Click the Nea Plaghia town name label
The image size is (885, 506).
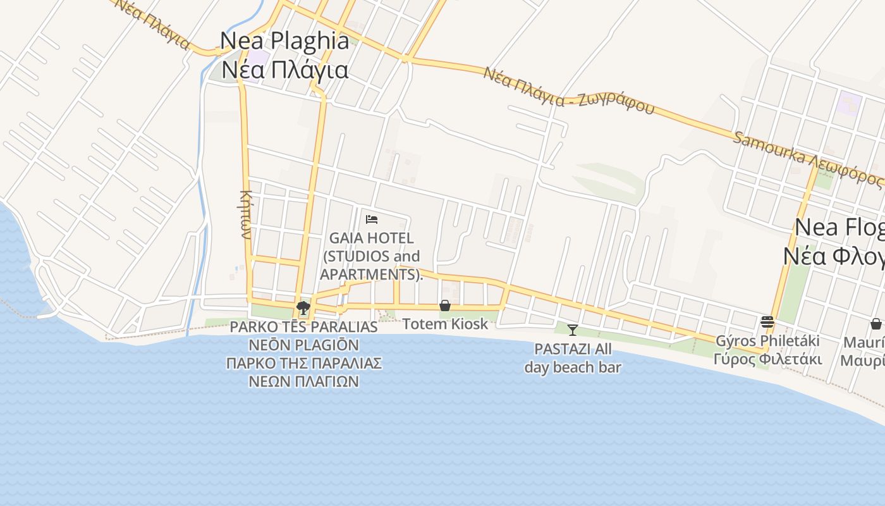pos(284,41)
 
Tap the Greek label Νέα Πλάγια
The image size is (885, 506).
pos(284,69)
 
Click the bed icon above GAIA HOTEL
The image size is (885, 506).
pos(372,219)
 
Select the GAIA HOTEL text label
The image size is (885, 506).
pos(371,238)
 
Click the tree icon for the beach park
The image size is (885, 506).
pos(303,308)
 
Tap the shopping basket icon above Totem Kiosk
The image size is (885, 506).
pos(445,306)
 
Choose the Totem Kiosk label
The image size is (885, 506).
pos(445,324)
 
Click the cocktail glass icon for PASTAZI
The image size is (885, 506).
pos(573,330)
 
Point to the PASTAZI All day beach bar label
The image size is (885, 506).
pos(573,358)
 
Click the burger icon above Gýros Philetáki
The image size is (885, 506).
pos(767,322)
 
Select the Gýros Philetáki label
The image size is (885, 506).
pos(767,341)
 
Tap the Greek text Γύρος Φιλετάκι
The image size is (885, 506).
pos(767,359)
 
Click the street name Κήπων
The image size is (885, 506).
pos(247,214)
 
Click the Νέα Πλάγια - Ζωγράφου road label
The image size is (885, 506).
pos(569,90)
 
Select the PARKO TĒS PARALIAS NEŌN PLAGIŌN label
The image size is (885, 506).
pos(303,336)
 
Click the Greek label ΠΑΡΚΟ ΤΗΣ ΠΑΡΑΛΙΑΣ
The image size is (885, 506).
pos(303,364)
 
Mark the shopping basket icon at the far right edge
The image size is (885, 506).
pos(876,324)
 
